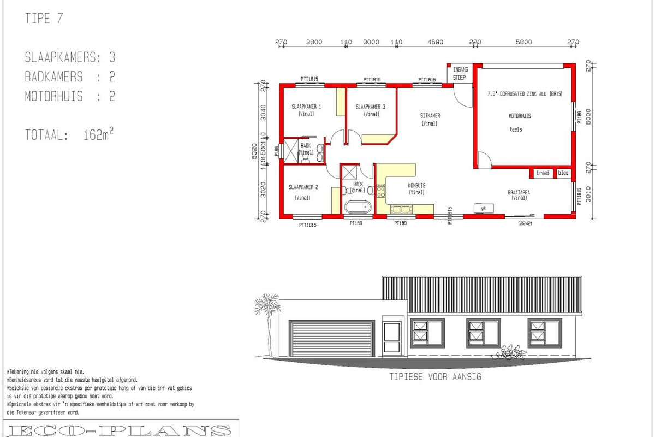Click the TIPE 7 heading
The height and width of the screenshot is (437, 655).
coord(44,19)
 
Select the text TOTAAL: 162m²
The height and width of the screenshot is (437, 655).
coord(69,135)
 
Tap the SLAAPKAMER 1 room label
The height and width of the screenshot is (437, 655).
coord(306,107)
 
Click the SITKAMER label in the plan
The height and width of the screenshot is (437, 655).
coord(430,116)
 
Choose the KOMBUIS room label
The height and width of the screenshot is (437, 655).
coord(416,185)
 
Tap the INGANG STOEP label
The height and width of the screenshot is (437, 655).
coord(460,74)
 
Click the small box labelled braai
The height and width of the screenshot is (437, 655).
coord(543,173)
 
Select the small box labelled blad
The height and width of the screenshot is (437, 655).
coord(562,173)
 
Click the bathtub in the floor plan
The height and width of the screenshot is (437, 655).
coord(358,208)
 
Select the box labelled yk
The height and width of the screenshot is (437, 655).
coord(484,208)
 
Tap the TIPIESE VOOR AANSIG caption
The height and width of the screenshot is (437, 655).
coord(435,377)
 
